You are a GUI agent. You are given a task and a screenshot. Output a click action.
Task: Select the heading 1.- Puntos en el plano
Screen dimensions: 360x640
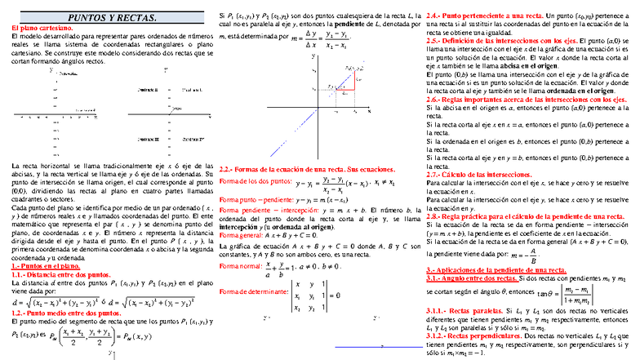pyautogui.click(x=45, y=266)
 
